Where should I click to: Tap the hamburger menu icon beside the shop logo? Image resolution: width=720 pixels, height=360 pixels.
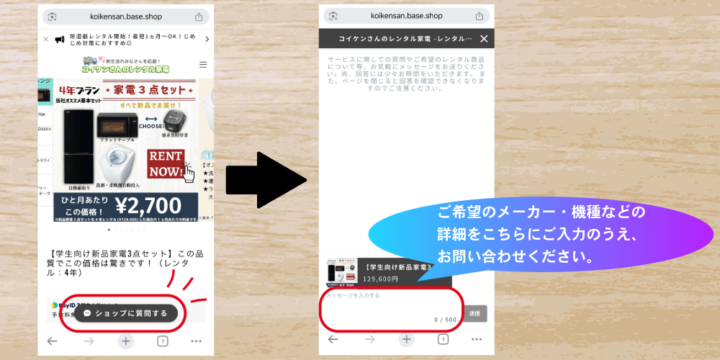pyautogui.click(x=202, y=64)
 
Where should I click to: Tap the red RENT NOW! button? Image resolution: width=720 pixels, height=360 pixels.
pyautogui.click(x=166, y=163)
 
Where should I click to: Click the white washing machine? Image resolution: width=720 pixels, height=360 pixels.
pyautogui.click(x=122, y=166)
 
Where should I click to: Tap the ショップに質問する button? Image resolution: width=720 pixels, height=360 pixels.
pyautogui.click(x=125, y=313)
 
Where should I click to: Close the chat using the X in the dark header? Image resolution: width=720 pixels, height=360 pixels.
pyautogui.click(x=484, y=39)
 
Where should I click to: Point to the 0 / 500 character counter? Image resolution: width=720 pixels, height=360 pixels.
pyautogui.click(x=445, y=319)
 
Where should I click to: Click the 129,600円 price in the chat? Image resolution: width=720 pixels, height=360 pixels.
pyautogui.click(x=381, y=279)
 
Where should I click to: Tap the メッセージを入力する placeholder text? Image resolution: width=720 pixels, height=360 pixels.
pyautogui.click(x=353, y=295)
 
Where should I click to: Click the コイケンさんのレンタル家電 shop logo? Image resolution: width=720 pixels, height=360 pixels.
pyautogui.click(x=125, y=65)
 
